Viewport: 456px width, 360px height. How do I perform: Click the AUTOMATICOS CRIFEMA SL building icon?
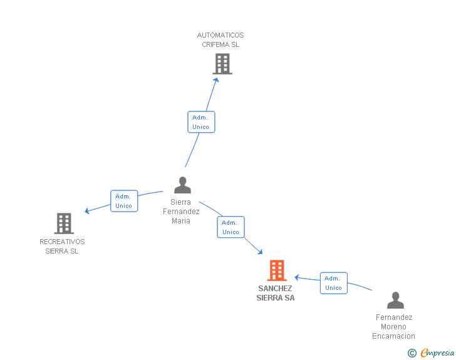pyautogui.click(x=222, y=64)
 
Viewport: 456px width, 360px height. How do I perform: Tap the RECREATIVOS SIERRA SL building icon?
pyautogui.click(x=64, y=224)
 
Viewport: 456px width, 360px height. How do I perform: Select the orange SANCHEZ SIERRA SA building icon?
pyautogui.click(x=277, y=270)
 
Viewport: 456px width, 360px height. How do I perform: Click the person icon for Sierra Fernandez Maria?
pyautogui.click(x=183, y=185)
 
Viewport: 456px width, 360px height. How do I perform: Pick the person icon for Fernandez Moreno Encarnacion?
pyautogui.click(x=395, y=300)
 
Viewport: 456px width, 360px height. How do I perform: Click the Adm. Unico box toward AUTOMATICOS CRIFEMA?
pyautogui.click(x=201, y=122)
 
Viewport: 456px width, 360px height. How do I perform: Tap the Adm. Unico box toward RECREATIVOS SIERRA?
pyautogui.click(x=124, y=201)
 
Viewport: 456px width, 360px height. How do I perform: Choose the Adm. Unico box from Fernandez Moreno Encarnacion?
pyautogui.click(x=334, y=283)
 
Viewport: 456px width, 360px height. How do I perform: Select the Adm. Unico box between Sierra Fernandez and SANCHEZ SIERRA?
pyautogui.click(x=231, y=227)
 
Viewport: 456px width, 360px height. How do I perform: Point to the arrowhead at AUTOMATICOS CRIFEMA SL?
pyautogui.click(x=217, y=80)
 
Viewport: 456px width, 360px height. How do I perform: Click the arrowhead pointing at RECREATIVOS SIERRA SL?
pyautogui.click(x=86, y=211)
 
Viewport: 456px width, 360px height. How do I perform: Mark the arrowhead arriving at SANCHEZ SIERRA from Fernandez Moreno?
pyautogui.click(x=297, y=277)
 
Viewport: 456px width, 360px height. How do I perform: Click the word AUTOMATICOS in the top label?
pyautogui.click(x=220, y=35)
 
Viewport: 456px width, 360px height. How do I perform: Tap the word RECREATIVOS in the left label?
pyautogui.click(x=62, y=242)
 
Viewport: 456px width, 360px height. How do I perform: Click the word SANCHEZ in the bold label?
pyautogui.click(x=275, y=289)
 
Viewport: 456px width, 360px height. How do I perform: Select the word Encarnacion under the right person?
pyautogui.click(x=394, y=336)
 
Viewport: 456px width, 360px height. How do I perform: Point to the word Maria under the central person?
pyautogui.click(x=181, y=221)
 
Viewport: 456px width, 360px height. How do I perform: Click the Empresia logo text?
pyautogui.click(x=437, y=352)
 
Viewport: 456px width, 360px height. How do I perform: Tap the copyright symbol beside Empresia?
pyautogui.click(x=412, y=353)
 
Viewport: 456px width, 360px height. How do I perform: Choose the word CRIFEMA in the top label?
pyautogui.click(x=215, y=44)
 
